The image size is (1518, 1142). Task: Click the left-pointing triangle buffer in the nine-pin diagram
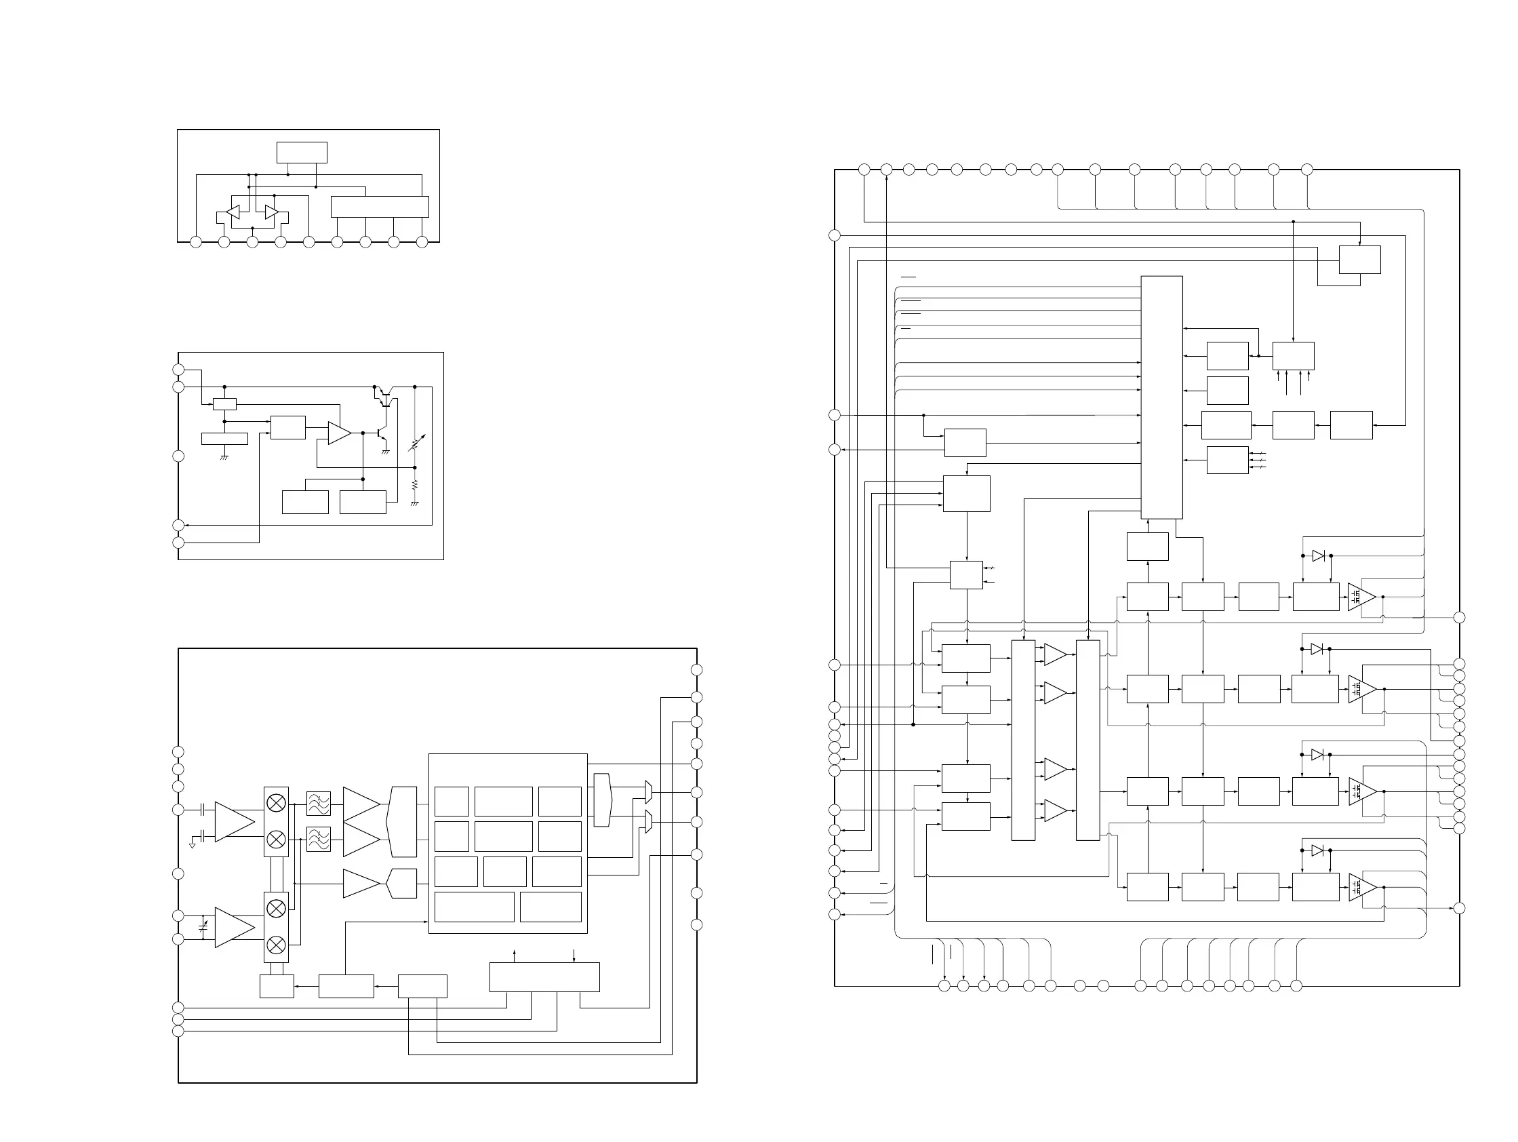(233, 213)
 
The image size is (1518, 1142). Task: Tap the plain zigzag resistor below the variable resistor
(414, 485)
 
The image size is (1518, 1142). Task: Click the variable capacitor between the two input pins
(203, 926)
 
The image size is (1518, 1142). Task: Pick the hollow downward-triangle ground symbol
(192, 846)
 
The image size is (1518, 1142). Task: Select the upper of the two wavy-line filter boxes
(319, 803)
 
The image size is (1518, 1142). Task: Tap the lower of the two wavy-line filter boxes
(319, 839)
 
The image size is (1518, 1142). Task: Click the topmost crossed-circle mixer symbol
(276, 803)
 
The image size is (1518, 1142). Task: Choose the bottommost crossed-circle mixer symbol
(276, 946)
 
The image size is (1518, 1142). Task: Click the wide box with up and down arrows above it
(544, 977)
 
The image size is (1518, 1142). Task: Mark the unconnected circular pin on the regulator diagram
(178, 456)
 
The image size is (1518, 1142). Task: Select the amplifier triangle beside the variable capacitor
(234, 927)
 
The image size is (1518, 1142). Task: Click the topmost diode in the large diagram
(1318, 556)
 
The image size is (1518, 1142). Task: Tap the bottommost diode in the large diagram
(1317, 850)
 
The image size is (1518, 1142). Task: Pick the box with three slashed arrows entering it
(1227, 460)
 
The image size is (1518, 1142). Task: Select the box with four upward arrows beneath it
(1293, 355)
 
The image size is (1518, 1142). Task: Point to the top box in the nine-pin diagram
(302, 153)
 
